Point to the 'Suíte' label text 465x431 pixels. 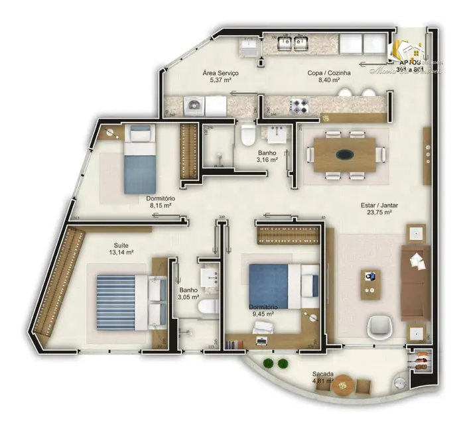click(120, 245)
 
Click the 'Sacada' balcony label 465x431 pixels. click(322, 374)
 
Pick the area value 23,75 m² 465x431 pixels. click(376, 214)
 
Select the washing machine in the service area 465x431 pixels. click(194, 105)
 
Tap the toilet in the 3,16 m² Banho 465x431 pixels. click(247, 135)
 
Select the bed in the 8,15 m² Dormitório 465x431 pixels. click(140, 160)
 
